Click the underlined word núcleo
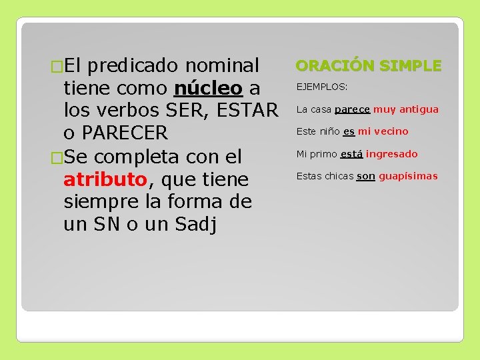207,88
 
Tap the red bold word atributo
105,179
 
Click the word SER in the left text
185,111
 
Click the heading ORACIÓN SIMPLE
368,65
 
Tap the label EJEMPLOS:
322,87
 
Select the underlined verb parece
352,109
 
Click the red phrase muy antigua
406,109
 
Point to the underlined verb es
349,131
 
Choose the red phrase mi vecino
383,131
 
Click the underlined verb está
351,154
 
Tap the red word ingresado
392,154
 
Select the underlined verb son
365,176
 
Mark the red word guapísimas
409,176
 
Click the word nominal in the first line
222,65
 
